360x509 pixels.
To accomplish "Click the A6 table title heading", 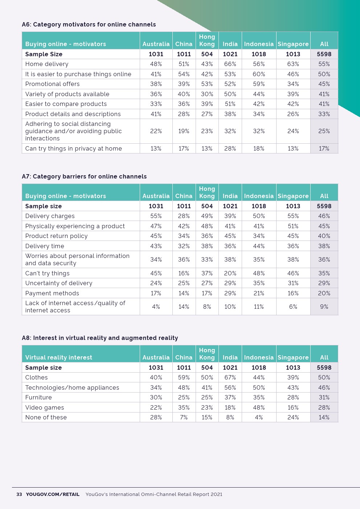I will click(x=89, y=24).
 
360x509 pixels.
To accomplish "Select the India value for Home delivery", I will click(x=230, y=64).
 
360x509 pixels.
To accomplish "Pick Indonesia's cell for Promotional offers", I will click(x=259, y=84).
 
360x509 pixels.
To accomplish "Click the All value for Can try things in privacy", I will click(x=324, y=148).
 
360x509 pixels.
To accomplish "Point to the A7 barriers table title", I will click(x=84, y=176).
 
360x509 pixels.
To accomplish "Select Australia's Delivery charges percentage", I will click(x=156, y=216).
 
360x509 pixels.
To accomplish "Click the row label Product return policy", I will click(x=56, y=236).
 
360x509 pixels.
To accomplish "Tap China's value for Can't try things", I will click(x=184, y=273).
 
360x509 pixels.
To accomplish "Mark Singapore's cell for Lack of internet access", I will click(x=293, y=307).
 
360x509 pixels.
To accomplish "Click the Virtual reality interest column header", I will click(x=58, y=357).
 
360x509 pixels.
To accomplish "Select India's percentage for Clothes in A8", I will click(x=230, y=377).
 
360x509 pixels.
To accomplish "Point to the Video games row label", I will click(x=44, y=407).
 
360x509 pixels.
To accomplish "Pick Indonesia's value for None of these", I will click(x=259, y=417).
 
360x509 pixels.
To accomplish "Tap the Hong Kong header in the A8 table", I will click(x=207, y=354).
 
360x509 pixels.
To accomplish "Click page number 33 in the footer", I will click(x=19, y=494).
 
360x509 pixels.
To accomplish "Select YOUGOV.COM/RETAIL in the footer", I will click(x=53, y=494).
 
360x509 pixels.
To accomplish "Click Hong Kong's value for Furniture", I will click(x=207, y=397).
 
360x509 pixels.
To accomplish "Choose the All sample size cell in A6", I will click(x=324, y=54).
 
